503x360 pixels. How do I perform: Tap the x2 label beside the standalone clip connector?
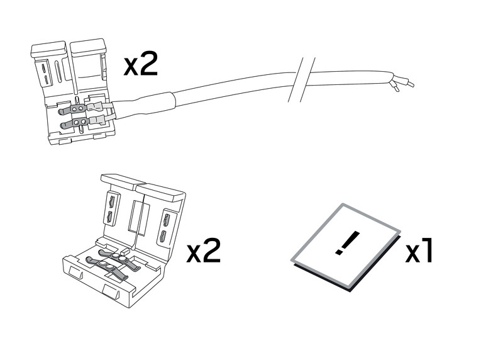pyautogui.click(x=203, y=251)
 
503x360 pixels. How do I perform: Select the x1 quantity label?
pyautogui.click(x=419, y=251)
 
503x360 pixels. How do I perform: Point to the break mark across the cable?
pyautogui.click(x=302, y=80)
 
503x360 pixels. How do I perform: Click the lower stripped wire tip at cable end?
pyautogui.click(x=394, y=86)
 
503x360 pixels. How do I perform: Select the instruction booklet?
pyautogui.click(x=346, y=247)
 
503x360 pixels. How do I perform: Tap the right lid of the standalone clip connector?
pyautogui.click(x=160, y=218)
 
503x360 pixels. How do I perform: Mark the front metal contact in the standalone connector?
pyautogui.click(x=106, y=267)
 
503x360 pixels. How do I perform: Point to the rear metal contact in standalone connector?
pyautogui.click(x=119, y=256)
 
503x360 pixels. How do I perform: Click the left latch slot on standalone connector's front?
pyautogui.click(x=76, y=273)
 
